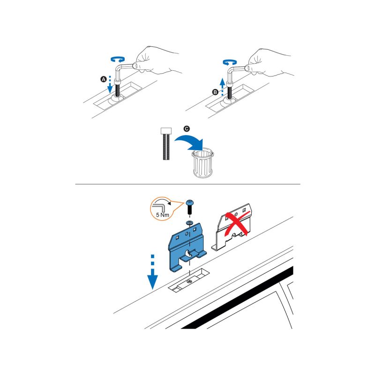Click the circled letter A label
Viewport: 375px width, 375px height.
[103, 79]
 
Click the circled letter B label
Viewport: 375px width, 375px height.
[215, 92]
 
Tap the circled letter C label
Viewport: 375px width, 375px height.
[187, 128]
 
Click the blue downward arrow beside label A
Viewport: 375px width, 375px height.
[110, 84]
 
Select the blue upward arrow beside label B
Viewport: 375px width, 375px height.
[222, 87]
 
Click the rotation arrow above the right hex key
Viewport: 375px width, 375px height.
[230, 62]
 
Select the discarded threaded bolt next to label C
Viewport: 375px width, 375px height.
[166, 144]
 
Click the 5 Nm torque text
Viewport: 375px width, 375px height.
[163, 215]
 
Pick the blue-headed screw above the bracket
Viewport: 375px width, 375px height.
[190, 207]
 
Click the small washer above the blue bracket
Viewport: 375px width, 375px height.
[189, 223]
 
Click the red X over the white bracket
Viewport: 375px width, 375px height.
[237, 224]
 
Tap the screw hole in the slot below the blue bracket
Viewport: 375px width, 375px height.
[189, 281]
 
